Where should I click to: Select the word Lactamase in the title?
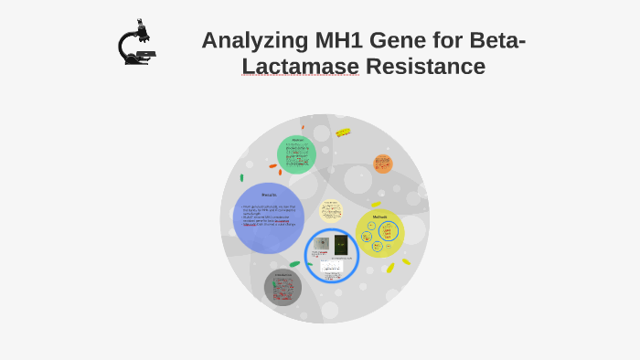300,67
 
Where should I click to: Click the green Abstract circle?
296,154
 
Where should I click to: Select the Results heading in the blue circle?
269,195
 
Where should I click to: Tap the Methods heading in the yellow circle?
379,217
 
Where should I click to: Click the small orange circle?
383,164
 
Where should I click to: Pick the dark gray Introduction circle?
283,287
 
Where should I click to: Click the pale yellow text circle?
331,210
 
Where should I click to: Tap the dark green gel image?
341,245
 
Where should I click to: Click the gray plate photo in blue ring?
322,244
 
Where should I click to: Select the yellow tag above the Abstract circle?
343,132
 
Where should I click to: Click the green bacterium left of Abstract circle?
241,177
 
